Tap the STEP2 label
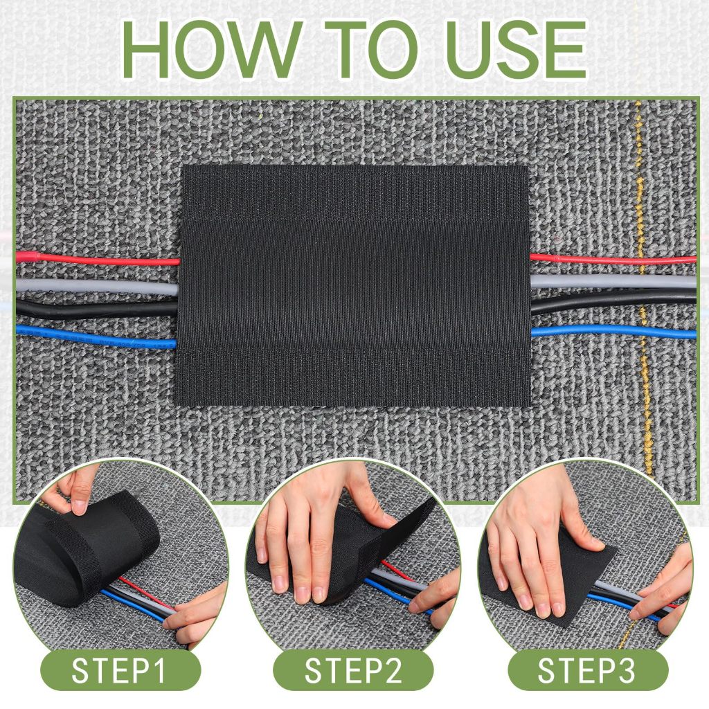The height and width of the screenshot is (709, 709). click(x=353, y=670)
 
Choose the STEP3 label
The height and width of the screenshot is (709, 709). click(x=586, y=670)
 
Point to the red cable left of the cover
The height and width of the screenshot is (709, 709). click(x=97, y=259)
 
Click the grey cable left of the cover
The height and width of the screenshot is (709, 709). click(x=97, y=287)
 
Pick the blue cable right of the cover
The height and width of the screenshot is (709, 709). click(x=613, y=332)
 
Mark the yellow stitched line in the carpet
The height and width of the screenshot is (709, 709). click(x=644, y=289)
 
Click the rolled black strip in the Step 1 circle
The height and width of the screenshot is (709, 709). click(x=86, y=547)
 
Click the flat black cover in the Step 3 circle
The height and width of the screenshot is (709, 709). click(x=549, y=574)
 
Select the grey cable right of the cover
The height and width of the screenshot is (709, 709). click(x=613, y=281)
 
